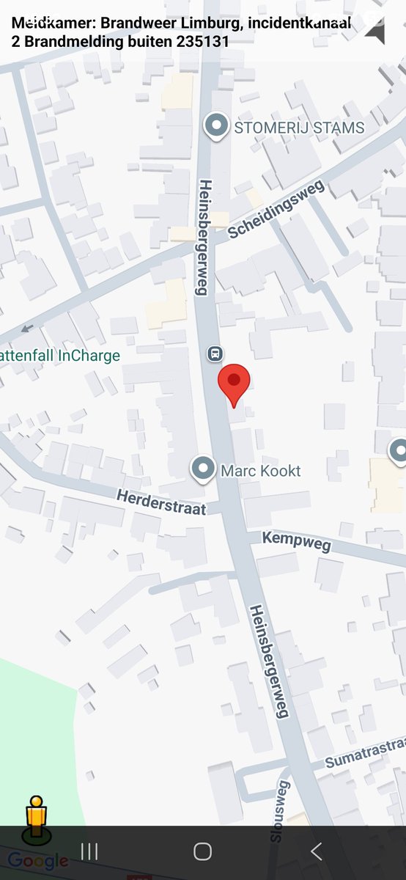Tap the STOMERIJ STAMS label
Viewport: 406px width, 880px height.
pyautogui.click(x=299, y=128)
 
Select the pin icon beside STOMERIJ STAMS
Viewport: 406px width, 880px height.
pyautogui.click(x=216, y=127)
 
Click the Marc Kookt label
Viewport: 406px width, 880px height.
pyautogui.click(x=261, y=471)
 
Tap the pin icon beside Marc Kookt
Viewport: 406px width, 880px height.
pyautogui.click(x=203, y=469)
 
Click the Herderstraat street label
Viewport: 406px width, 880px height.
pyautogui.click(x=161, y=502)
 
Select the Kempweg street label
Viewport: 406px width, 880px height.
pyautogui.click(x=297, y=542)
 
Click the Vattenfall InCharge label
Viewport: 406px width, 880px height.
pyautogui.click(x=60, y=356)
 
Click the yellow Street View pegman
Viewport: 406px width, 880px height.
pyautogui.click(x=36, y=818)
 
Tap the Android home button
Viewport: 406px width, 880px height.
pyautogui.click(x=203, y=851)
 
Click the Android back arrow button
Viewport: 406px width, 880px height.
pyautogui.click(x=317, y=851)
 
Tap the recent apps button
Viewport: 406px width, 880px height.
pyautogui.click(x=89, y=851)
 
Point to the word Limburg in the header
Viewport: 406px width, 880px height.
pyautogui.click(x=213, y=23)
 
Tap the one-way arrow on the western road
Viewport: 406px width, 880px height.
pyautogui.click(x=27, y=328)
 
